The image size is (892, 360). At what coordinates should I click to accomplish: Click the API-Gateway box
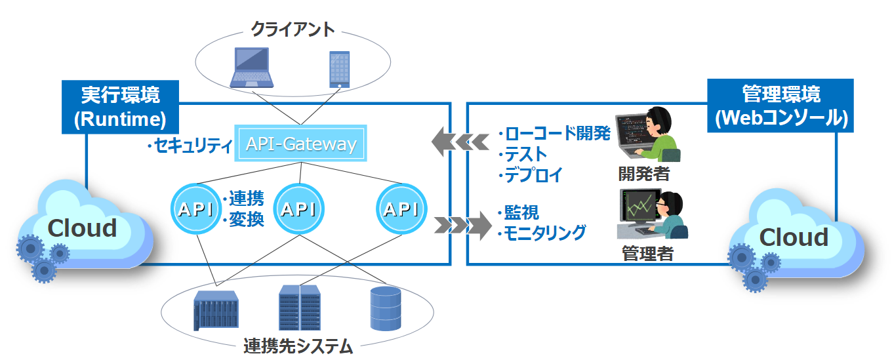click(301, 144)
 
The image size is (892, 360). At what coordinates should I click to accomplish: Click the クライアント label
click(293, 30)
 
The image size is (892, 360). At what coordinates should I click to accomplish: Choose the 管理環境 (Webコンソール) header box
click(780, 106)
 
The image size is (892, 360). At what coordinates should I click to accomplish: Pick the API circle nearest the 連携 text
click(195, 209)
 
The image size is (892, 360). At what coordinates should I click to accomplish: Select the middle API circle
click(298, 209)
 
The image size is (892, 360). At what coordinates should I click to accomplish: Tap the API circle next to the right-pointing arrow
click(401, 209)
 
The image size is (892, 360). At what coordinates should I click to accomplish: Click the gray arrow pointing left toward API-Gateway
click(460, 140)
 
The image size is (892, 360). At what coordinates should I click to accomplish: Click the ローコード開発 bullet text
click(555, 134)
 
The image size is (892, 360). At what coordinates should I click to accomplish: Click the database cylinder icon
click(385, 308)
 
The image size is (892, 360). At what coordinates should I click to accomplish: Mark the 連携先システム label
click(298, 346)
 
